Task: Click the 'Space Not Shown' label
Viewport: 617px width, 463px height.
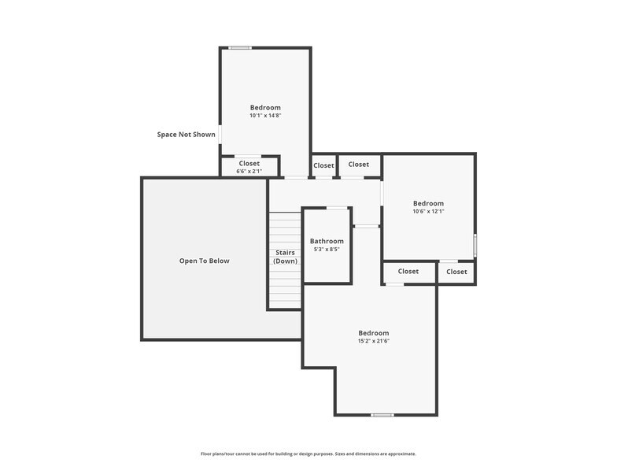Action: pyautogui.click(x=186, y=135)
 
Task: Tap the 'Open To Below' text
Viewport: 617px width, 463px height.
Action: pyautogui.click(x=205, y=261)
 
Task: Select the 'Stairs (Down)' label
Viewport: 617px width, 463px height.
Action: pyautogui.click(x=286, y=257)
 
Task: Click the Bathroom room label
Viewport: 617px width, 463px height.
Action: pyautogui.click(x=327, y=241)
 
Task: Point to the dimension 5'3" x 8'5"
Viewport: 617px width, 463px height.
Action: pyautogui.click(x=327, y=250)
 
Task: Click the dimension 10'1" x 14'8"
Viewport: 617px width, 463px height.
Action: pyautogui.click(x=265, y=116)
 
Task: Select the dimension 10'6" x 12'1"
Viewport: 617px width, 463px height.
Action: pyautogui.click(x=428, y=211)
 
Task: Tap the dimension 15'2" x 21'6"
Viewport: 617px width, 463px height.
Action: pyautogui.click(x=374, y=341)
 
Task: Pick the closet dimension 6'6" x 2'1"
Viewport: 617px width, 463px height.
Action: pyautogui.click(x=249, y=171)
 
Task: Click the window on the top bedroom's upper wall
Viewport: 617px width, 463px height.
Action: pyautogui.click(x=240, y=48)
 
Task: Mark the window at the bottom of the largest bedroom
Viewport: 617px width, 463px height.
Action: pyautogui.click(x=382, y=415)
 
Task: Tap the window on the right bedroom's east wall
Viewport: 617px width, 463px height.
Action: pyautogui.click(x=475, y=245)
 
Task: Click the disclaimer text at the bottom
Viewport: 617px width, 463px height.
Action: pyautogui.click(x=308, y=454)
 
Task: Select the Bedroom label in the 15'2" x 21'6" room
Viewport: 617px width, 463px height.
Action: pyautogui.click(x=374, y=332)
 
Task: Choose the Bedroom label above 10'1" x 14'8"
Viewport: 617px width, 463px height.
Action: pyautogui.click(x=265, y=107)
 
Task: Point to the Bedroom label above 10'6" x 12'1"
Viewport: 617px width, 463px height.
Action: pyautogui.click(x=428, y=202)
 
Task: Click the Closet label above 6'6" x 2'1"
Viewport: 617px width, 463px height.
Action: pyautogui.click(x=249, y=163)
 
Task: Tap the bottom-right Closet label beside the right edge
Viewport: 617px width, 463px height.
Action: pyautogui.click(x=456, y=272)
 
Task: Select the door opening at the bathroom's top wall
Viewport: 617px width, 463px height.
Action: pyautogui.click(x=338, y=208)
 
